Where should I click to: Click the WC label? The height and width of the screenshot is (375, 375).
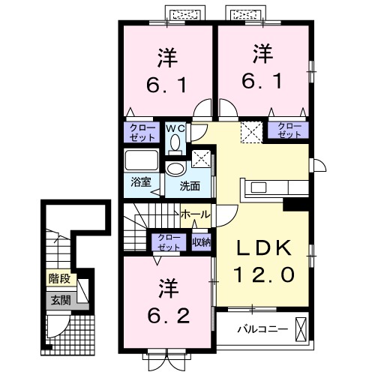(175, 128)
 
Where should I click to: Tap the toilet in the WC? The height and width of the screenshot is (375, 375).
(175, 145)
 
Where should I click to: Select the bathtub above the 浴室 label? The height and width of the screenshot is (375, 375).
(142, 160)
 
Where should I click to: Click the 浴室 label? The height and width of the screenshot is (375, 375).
(141, 182)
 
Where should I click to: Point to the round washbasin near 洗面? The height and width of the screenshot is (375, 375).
(175, 168)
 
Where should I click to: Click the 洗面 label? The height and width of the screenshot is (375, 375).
(190, 186)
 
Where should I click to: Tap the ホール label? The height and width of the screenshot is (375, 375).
(196, 214)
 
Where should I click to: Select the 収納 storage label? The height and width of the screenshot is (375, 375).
(202, 242)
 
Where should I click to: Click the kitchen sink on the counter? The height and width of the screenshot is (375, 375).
(259, 187)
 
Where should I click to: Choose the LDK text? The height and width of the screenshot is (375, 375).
(264, 248)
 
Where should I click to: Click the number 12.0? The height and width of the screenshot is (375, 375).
(264, 274)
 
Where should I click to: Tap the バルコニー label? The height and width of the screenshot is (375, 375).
(262, 329)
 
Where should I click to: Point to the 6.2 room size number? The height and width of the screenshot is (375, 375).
(169, 316)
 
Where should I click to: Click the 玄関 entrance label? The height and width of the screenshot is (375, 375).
(61, 300)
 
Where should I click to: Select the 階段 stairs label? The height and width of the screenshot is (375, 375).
(59, 278)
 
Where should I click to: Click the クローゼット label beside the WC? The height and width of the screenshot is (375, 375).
(142, 133)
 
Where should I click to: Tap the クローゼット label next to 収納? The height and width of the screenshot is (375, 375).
(169, 242)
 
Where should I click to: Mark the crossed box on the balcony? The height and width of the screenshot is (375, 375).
(301, 329)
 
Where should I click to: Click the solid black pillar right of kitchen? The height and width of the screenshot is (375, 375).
(296, 205)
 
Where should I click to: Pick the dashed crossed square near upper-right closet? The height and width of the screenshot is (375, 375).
(251, 133)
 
